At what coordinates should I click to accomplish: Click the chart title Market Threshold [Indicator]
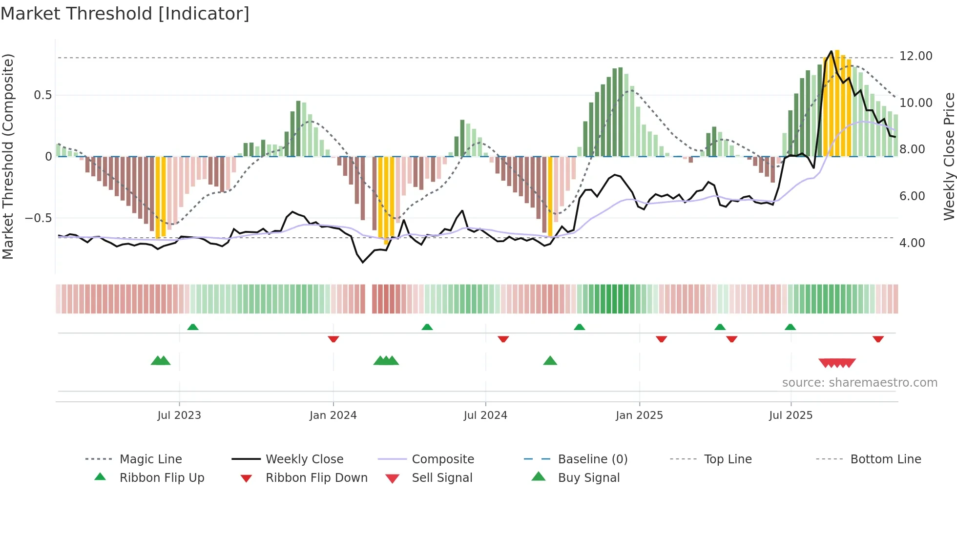click(x=125, y=14)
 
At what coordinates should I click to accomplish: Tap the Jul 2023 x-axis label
click(x=179, y=415)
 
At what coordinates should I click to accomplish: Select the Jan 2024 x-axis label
click(x=333, y=415)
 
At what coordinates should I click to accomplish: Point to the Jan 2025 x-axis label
click(x=639, y=415)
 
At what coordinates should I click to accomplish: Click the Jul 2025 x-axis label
click(x=791, y=415)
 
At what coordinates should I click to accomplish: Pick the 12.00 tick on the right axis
click(x=915, y=56)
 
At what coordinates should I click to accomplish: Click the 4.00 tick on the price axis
click(x=912, y=243)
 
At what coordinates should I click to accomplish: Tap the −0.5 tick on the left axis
click(x=38, y=218)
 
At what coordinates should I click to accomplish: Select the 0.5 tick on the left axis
click(x=42, y=95)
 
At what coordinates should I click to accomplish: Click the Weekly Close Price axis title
click(x=949, y=156)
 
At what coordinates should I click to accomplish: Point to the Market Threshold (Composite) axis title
click(x=8, y=156)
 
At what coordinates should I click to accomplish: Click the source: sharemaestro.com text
click(x=859, y=383)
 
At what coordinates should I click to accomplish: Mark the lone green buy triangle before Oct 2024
click(x=550, y=361)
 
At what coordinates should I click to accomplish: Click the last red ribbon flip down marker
click(x=878, y=339)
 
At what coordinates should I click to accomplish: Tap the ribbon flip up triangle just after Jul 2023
click(x=193, y=327)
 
